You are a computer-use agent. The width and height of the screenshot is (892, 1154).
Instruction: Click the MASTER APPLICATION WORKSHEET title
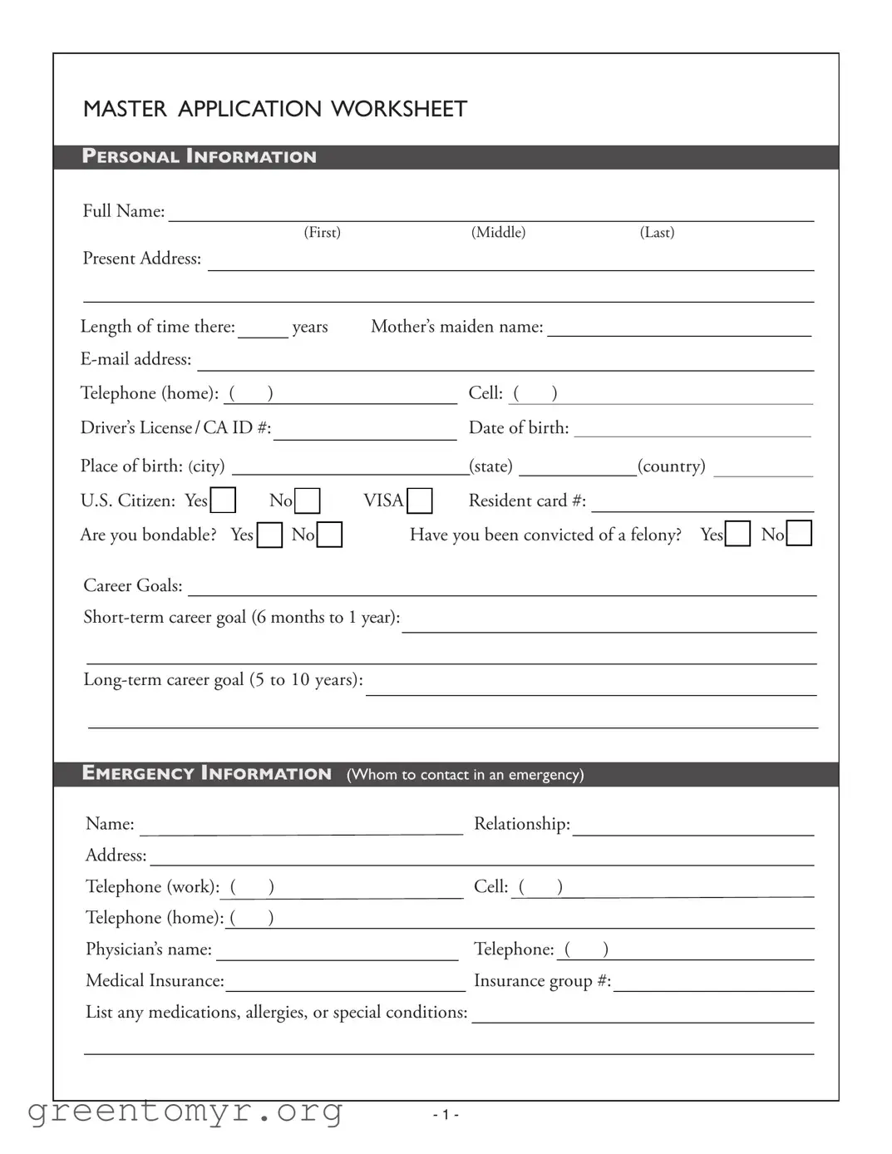pos(274,109)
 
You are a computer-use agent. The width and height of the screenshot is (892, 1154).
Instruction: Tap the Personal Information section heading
pos(199,156)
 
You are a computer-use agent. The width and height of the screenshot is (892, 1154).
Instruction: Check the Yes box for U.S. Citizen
pos(223,501)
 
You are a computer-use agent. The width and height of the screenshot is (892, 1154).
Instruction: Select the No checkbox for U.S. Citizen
pos(308,501)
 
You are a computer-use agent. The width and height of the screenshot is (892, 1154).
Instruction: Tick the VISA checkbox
pos(420,501)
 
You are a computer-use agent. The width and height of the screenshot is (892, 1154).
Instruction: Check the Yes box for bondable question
pos(269,535)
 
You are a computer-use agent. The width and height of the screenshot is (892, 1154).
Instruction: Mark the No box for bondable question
pos(330,535)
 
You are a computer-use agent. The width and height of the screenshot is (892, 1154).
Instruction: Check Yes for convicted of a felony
pos(737,534)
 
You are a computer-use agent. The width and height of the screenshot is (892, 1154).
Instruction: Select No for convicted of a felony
pos(799,533)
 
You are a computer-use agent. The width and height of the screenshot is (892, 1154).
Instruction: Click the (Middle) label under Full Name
pos(498,233)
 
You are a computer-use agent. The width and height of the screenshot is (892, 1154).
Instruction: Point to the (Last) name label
pos(657,233)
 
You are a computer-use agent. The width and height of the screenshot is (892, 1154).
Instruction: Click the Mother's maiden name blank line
pos(678,328)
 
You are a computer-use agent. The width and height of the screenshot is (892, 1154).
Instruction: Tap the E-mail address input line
pos(505,362)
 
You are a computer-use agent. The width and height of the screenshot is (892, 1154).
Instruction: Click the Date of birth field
pos(692,429)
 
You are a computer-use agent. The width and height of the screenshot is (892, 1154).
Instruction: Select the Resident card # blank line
pos(702,503)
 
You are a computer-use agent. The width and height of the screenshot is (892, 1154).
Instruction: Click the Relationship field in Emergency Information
pos(692,826)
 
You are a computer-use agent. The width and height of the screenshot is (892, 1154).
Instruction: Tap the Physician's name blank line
pos(337,952)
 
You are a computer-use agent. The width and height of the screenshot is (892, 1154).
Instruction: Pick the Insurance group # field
pos(713,984)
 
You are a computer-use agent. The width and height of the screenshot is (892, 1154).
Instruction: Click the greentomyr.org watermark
pos(185,1111)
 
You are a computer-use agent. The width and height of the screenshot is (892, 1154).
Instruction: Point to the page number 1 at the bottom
pos(446,1115)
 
